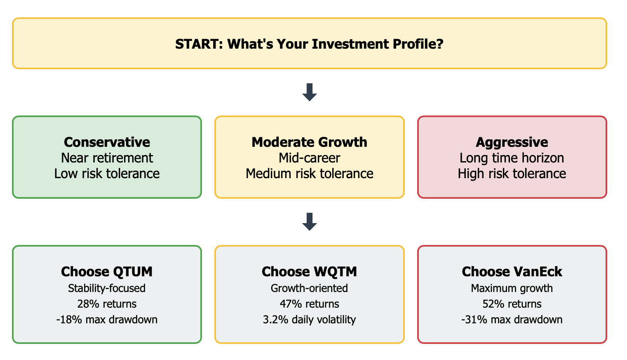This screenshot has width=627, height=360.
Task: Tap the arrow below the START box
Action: coord(310,92)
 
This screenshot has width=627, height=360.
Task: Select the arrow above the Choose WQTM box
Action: coord(310,222)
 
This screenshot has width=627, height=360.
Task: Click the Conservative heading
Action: coord(107,142)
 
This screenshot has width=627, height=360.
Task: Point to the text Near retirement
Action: coord(107,158)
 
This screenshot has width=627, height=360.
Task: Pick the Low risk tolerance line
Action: coord(107,174)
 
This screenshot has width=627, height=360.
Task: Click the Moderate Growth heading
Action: coord(309,142)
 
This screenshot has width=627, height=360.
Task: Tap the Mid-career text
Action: coord(309,158)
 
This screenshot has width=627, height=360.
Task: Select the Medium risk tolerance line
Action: coord(309,174)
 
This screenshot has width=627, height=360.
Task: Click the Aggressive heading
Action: coord(512,143)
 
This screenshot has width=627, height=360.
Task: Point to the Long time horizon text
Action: coord(512,158)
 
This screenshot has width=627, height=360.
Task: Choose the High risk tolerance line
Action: coord(512,174)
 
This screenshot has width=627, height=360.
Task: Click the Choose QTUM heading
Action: coord(107,271)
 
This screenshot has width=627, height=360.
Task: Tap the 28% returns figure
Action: coord(107,304)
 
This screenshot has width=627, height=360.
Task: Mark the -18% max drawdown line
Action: coord(107,320)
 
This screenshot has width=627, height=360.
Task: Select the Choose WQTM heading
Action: coord(309,271)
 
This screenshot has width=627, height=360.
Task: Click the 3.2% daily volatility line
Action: coord(309,320)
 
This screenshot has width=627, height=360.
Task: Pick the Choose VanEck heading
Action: coord(512,271)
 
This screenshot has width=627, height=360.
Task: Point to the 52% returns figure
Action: coord(512,304)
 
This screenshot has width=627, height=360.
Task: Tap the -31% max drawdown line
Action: coord(512,320)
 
